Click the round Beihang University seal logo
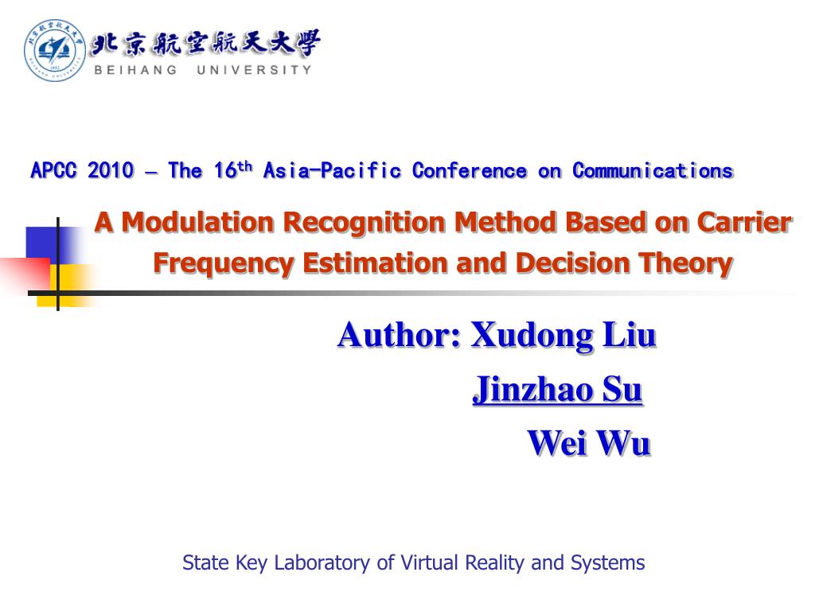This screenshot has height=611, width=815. click(55, 50)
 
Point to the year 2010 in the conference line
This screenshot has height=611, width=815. click(111, 170)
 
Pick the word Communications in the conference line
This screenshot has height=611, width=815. click(653, 170)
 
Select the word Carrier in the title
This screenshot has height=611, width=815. click(744, 223)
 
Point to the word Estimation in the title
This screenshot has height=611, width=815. click(375, 262)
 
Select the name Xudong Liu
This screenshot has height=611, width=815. click(563, 335)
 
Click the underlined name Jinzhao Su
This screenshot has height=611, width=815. click(557, 390)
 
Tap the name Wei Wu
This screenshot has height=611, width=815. click(589, 443)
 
